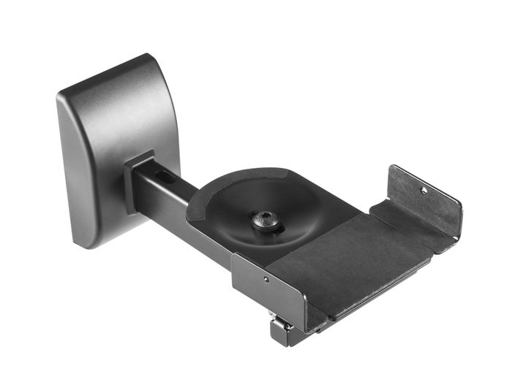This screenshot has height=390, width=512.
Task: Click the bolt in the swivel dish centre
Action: click(266, 219)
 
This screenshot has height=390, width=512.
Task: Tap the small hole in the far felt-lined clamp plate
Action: click(423, 190)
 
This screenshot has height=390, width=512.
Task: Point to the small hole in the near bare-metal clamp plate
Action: click(266, 278)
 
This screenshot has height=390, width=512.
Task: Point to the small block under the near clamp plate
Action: click(282, 333)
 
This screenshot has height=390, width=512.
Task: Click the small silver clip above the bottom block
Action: click(273, 315)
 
